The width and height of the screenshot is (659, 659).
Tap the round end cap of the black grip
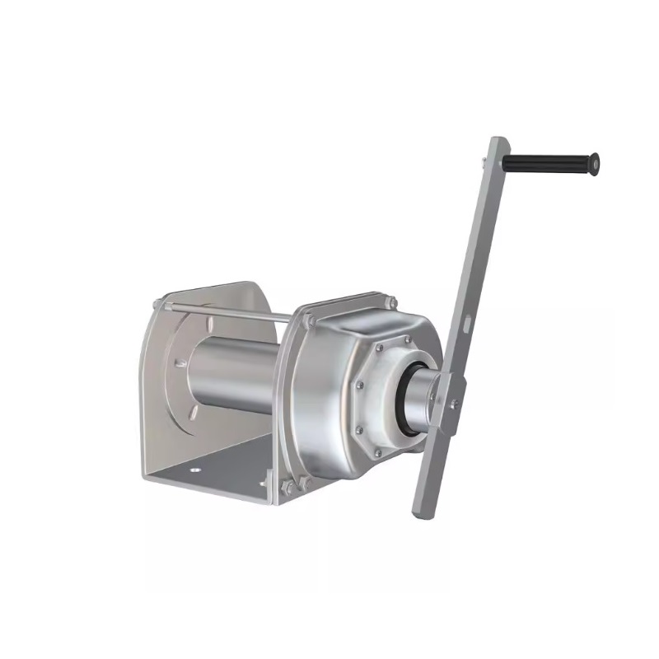(x=594, y=164)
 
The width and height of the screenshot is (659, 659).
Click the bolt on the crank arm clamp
(x=453, y=403)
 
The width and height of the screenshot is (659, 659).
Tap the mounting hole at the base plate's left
(x=196, y=470)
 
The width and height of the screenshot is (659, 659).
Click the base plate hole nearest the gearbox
(x=264, y=484)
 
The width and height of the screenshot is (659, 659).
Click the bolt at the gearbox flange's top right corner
(x=392, y=301)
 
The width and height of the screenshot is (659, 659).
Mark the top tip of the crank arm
(x=495, y=140)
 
